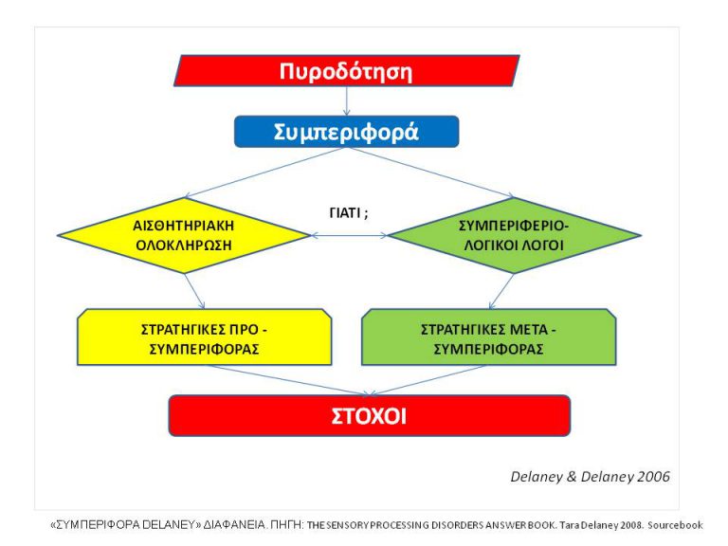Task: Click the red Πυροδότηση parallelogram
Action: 346,71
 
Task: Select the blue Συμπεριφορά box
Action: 346,132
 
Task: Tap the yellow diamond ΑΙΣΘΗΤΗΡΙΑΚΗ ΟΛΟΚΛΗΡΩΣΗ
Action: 184,235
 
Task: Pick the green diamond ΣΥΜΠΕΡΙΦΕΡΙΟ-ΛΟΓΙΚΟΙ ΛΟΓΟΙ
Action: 513,235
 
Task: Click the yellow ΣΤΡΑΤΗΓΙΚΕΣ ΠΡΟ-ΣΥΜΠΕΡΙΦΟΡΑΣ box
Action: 204,337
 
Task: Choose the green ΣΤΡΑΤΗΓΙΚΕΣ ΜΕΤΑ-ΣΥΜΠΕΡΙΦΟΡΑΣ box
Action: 489,337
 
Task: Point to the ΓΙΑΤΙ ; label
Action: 342,212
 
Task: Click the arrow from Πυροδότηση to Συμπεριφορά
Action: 347,101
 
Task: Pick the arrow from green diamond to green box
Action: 501,291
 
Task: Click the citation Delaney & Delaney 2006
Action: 590,476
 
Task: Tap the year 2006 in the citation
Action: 652,476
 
